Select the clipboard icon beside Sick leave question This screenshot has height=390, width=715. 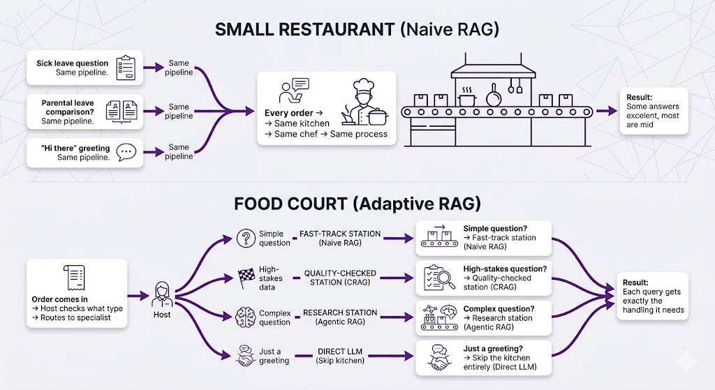pyautogui.click(x=126, y=67)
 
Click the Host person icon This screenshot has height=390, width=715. pyautogui.click(x=161, y=294)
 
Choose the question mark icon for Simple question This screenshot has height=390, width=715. pyautogui.click(x=245, y=237)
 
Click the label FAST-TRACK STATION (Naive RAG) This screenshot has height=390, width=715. pyautogui.click(x=340, y=239)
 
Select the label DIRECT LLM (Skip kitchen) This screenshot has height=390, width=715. pyautogui.click(x=340, y=355)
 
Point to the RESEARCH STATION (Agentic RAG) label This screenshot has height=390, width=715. pyautogui.click(x=340, y=317)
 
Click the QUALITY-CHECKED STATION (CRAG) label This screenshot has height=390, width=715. pyautogui.click(x=340, y=278)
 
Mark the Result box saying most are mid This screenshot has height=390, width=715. pyautogui.click(x=654, y=111)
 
